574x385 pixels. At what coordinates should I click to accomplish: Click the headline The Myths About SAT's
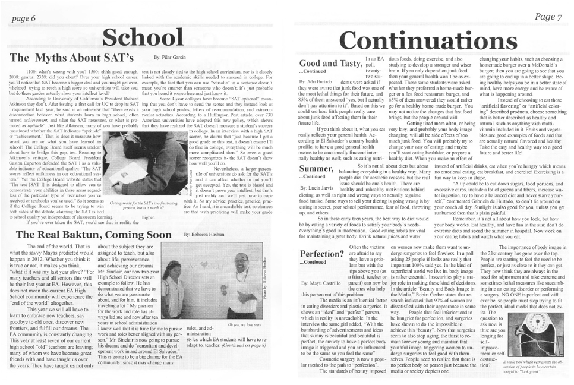pyautogui.click(x=72, y=58)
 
